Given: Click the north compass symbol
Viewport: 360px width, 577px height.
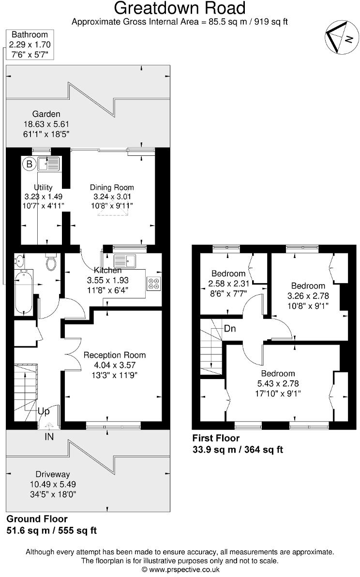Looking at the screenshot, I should click(x=340, y=38).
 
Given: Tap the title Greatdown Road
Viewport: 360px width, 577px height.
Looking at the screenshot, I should click(x=180, y=8).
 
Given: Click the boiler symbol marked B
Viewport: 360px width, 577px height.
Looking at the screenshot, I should click(x=29, y=165).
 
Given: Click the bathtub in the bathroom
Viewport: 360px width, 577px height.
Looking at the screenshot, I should click(x=23, y=293).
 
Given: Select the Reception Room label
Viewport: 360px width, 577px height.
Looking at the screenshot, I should click(x=115, y=355).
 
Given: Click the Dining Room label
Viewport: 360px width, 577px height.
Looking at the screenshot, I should click(x=112, y=187).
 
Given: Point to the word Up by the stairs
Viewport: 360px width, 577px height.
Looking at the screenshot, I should click(x=44, y=411).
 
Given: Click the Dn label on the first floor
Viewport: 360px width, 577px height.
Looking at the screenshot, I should click(x=230, y=328).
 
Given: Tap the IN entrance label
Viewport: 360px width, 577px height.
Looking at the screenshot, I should click(x=49, y=437).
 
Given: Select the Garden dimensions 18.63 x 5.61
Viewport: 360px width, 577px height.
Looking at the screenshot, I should click(x=46, y=124).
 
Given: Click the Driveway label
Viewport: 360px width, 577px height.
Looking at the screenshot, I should click(x=53, y=474).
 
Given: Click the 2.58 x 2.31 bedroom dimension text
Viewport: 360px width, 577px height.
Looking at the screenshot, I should click(x=228, y=283).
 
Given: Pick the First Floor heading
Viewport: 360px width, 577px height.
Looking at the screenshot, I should click(x=216, y=438).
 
